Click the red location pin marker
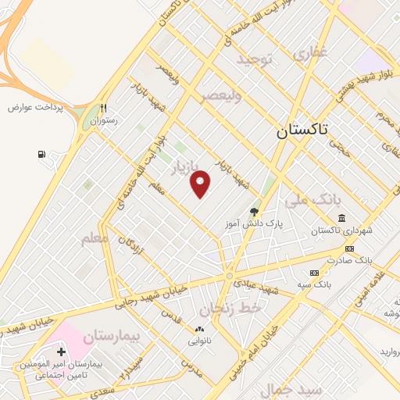click(x=201, y=184)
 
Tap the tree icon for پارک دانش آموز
click(x=253, y=212)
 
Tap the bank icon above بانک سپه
click(x=314, y=273)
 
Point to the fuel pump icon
click(x=41, y=154)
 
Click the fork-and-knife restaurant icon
click(x=103, y=109)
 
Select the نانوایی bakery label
click(x=198, y=341)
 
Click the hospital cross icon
click(x=61, y=353)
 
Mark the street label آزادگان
click(x=127, y=248)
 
